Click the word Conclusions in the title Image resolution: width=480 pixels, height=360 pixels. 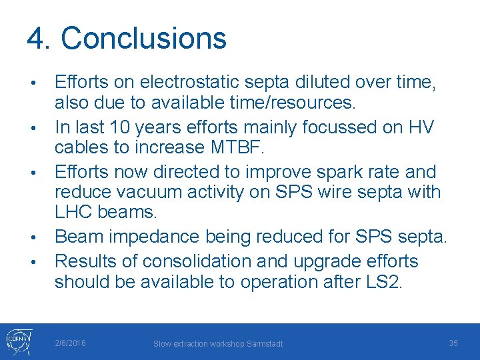coord(144,39)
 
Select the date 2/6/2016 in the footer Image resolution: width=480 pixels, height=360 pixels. coord(70,343)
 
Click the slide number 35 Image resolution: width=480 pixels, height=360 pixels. coord(453,343)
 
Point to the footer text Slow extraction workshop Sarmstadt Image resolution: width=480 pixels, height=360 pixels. coord(218,343)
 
